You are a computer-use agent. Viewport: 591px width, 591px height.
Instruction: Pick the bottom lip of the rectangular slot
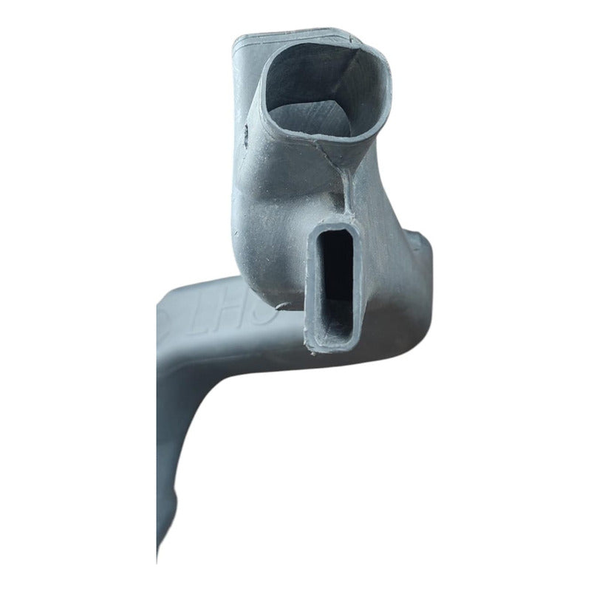332,344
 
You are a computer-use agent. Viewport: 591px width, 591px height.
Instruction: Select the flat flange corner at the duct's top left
240,48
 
